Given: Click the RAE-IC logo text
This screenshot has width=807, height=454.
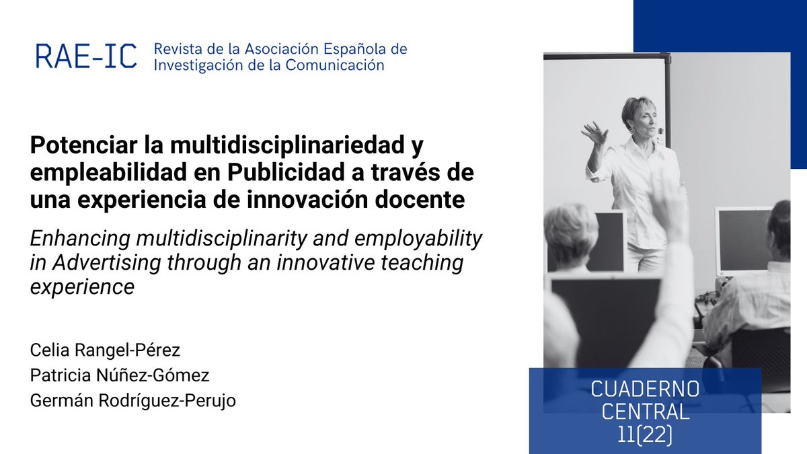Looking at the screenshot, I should (86, 56).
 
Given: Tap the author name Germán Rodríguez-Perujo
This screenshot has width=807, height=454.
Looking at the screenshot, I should (133, 400).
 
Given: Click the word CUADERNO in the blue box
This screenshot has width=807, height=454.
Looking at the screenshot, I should (645, 389).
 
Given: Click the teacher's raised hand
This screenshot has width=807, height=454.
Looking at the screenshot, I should (594, 133).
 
